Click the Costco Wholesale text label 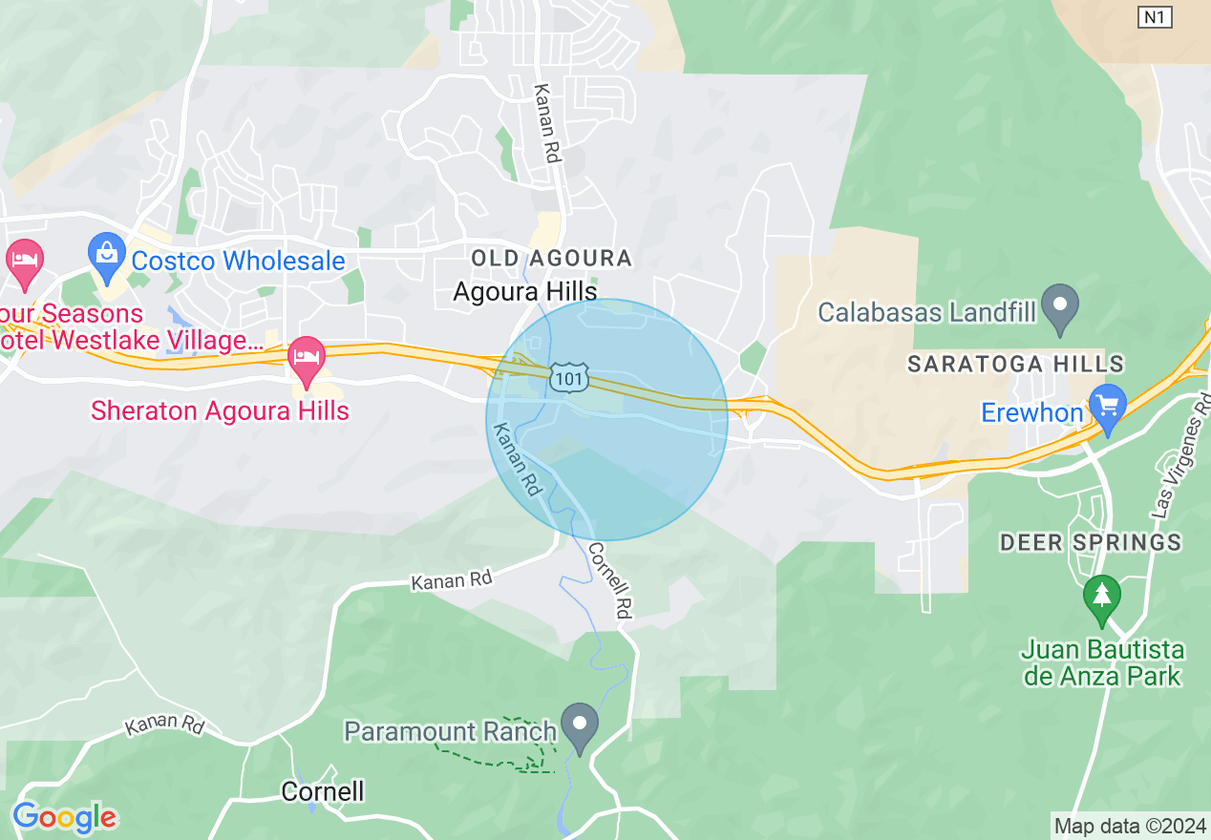tap(238, 261)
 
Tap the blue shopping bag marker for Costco tap(106, 253)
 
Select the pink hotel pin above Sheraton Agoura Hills tap(307, 359)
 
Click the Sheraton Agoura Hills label tap(220, 411)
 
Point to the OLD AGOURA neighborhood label tap(552, 258)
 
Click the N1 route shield tap(1155, 17)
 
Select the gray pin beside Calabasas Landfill tap(1060, 306)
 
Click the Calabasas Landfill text tap(926, 312)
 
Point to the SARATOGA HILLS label tap(1016, 364)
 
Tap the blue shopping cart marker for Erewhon tap(1108, 408)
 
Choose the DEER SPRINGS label tap(1091, 543)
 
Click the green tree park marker tap(1102, 597)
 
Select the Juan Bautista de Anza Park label tap(1103, 663)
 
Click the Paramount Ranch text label tap(450, 732)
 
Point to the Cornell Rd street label tap(611, 581)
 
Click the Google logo tap(64, 817)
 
